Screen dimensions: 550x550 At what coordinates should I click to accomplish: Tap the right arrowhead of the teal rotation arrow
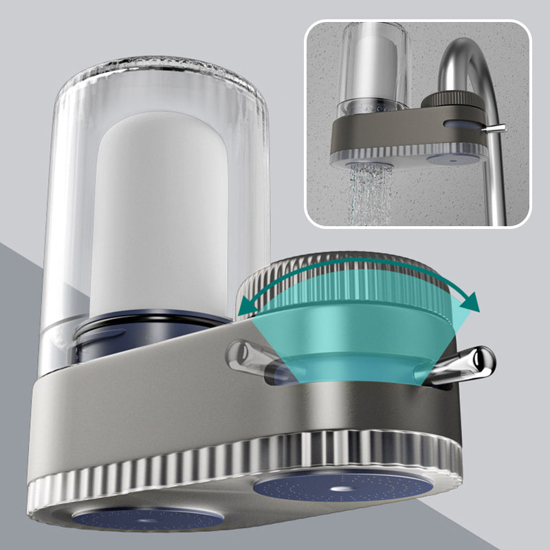(x=469, y=300)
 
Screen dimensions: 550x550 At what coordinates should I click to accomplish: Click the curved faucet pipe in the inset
(x=474, y=76)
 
